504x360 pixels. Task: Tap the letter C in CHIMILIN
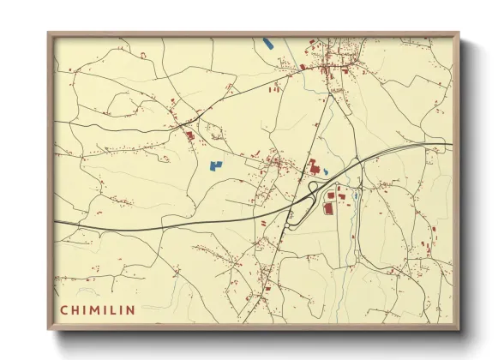(64, 309)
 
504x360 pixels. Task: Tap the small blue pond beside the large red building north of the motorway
(326, 170)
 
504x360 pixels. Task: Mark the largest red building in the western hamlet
(189, 134)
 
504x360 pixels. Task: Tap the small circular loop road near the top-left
(142, 55)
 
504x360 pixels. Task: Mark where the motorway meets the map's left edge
(56, 222)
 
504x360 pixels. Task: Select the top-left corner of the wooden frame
(49, 33)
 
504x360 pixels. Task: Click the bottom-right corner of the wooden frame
(459, 329)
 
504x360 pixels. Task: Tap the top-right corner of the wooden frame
(459, 33)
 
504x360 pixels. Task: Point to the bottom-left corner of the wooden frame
(49, 329)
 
